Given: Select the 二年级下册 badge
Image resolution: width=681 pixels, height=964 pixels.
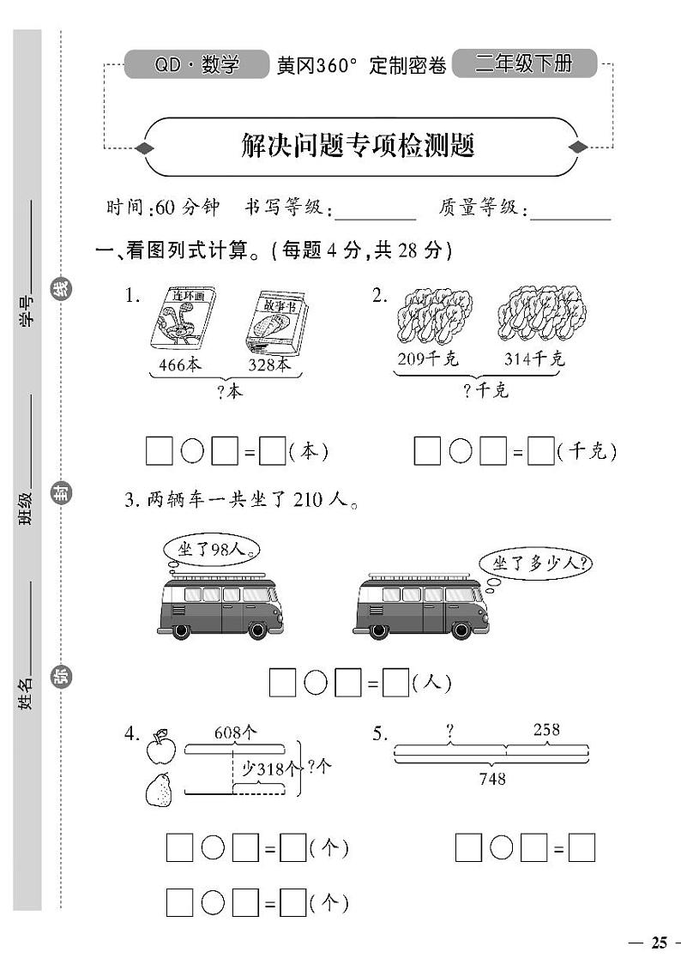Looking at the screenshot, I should pyautogui.click(x=523, y=63).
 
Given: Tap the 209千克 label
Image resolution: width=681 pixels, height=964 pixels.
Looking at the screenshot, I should pyautogui.click(x=428, y=358).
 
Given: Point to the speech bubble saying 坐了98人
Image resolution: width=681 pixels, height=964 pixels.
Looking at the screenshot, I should pyautogui.click(x=208, y=550).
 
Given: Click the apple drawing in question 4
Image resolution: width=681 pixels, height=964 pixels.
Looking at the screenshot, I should pyautogui.click(x=160, y=749).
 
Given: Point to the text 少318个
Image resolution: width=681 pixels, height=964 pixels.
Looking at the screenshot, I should pyautogui.click(x=269, y=768).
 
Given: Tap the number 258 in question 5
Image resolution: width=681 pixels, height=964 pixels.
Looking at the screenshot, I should pyautogui.click(x=546, y=730).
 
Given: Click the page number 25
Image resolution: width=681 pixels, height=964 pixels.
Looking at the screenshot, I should pyautogui.click(x=658, y=943).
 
